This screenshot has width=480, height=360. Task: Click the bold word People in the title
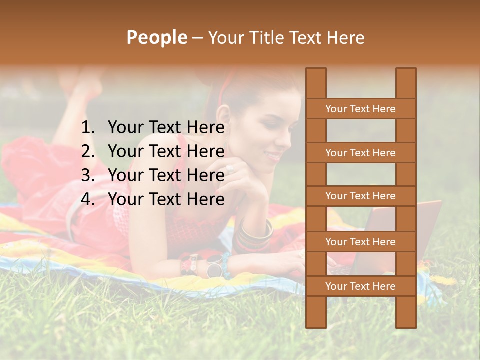156,37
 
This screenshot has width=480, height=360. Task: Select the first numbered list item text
166,128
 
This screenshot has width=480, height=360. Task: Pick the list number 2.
88,151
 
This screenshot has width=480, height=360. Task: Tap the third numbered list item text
166,175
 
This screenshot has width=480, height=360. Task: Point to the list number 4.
88,199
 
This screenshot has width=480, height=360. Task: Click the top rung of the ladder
360,109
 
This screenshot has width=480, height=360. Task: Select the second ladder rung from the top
360,153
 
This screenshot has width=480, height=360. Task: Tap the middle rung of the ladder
360,196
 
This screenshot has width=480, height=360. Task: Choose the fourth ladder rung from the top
360,242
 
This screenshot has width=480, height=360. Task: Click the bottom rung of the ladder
360,286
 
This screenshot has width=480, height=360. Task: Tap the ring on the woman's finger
230,169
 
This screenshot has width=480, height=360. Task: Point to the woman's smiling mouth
274,156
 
